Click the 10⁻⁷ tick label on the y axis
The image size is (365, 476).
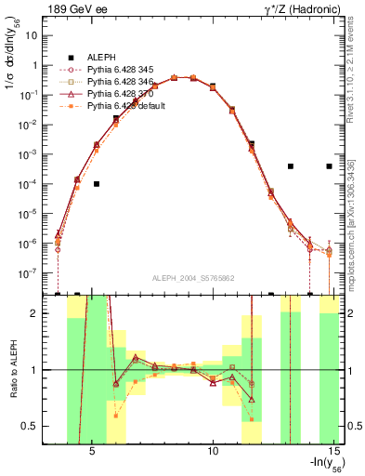coord(30,273)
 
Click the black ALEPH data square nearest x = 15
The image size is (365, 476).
coord(329,166)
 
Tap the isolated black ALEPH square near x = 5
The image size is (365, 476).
coord(97,184)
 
